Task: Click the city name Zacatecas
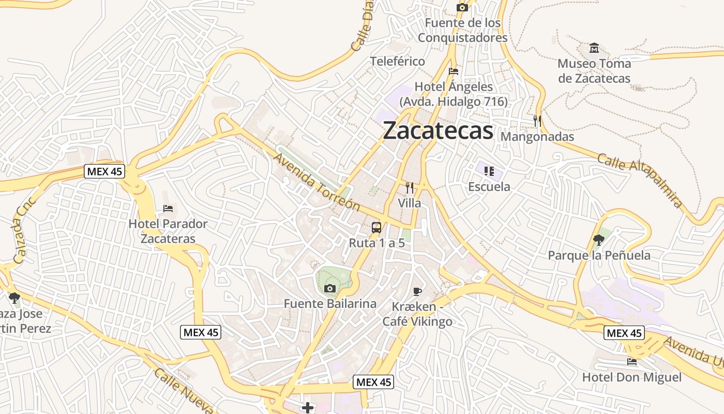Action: pyautogui.click(x=438, y=130)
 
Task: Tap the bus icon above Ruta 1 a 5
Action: pyautogui.click(x=376, y=227)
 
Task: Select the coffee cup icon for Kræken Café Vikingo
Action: pyautogui.click(x=417, y=291)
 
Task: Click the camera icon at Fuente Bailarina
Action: pyautogui.click(x=329, y=288)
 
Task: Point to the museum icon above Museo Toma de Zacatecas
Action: pyautogui.click(x=594, y=48)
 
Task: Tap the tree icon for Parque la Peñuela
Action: pyautogui.click(x=599, y=240)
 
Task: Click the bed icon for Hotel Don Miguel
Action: pyautogui.click(x=631, y=362)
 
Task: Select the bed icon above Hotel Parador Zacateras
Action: pyautogui.click(x=168, y=209)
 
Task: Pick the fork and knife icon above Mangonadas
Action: pyautogui.click(x=537, y=121)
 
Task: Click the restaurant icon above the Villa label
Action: pyautogui.click(x=410, y=187)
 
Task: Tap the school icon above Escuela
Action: pyautogui.click(x=489, y=171)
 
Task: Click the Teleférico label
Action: pyautogui.click(x=397, y=61)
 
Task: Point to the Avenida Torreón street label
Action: pyautogui.click(x=316, y=182)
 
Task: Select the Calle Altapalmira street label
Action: pyautogui.click(x=640, y=181)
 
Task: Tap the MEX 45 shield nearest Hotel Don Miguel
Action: pyautogui.click(x=624, y=333)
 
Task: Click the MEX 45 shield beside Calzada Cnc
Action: pyautogui.click(x=104, y=171)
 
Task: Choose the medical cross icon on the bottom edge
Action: pyautogui.click(x=308, y=408)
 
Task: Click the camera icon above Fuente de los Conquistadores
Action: pyautogui.click(x=462, y=7)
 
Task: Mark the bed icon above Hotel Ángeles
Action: pyautogui.click(x=454, y=71)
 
